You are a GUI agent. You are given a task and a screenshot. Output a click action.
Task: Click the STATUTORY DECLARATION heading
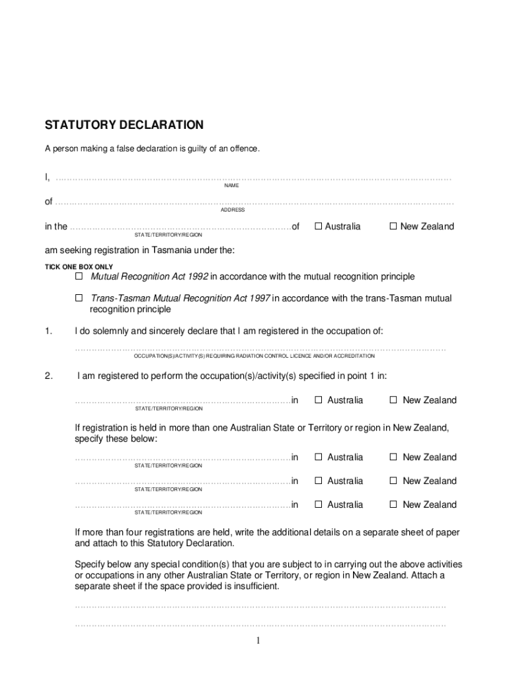[124, 125]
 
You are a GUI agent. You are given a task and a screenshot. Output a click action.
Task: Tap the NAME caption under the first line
[231, 186]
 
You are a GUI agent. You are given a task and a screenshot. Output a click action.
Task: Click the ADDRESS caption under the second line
[233, 210]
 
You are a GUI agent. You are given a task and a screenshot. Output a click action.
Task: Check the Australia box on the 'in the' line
[318, 226]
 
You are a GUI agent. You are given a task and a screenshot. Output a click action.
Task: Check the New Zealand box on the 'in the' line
[393, 226]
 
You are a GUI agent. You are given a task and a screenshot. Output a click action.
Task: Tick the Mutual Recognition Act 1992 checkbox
[79, 276]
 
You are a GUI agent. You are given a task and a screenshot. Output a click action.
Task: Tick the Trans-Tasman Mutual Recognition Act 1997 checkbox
[79, 298]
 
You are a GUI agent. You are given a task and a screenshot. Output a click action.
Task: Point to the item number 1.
[48, 331]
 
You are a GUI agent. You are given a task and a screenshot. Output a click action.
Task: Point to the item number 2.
[48, 376]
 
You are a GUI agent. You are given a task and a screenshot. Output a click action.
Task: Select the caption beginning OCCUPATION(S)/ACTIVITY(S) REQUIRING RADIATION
[255, 356]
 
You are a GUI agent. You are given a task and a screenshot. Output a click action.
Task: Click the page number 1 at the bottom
[258, 641]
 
